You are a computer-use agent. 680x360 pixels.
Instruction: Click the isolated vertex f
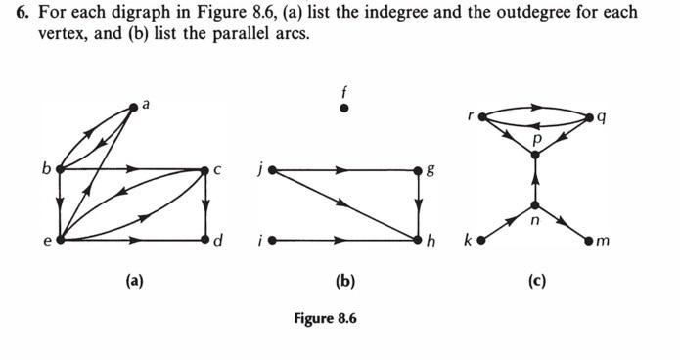[x=343, y=108]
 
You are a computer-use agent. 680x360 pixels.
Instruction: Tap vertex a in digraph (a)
[x=134, y=106]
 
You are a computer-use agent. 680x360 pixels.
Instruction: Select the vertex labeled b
[x=61, y=168]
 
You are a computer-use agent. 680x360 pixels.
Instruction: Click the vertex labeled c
[x=205, y=169]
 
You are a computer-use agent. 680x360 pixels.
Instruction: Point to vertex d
[x=205, y=239]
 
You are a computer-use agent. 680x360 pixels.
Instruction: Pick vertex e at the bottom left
[x=61, y=239]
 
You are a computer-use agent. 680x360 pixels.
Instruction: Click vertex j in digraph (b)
[x=271, y=169]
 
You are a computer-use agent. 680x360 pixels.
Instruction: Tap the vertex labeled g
[x=419, y=169]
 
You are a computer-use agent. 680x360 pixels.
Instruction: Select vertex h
[x=419, y=239]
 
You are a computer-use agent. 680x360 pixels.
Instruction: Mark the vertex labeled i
[x=271, y=239]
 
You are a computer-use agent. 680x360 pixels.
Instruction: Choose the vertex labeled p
[x=535, y=153]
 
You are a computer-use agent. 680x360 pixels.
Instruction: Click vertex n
[x=535, y=204]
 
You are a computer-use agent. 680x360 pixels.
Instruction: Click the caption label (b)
[x=344, y=282]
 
